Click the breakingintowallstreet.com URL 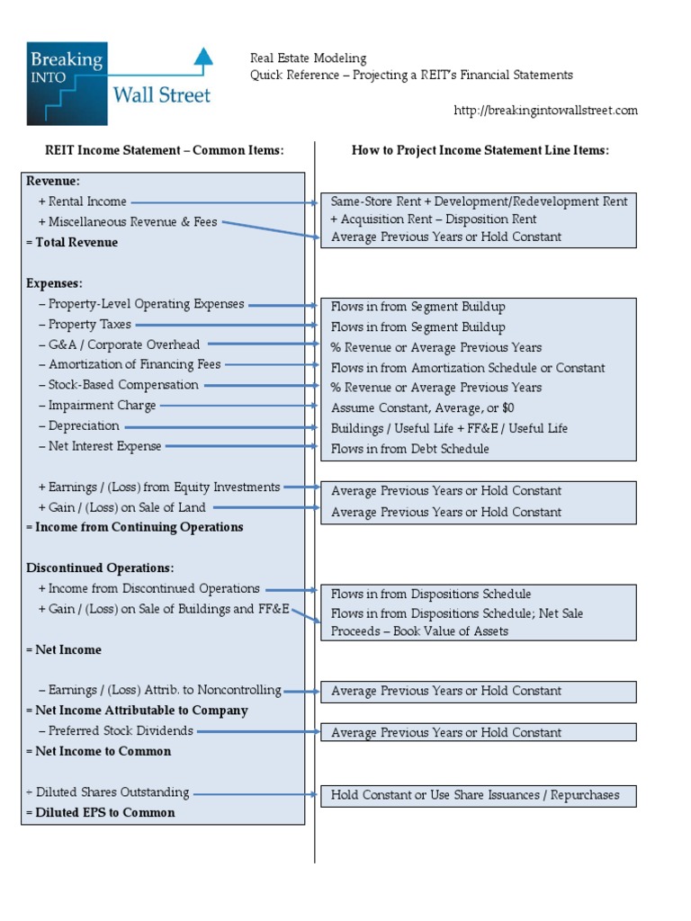click(x=545, y=111)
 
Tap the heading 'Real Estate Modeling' click(x=308, y=58)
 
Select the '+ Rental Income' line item click(x=82, y=202)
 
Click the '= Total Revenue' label click(x=72, y=243)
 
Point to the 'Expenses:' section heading click(x=54, y=283)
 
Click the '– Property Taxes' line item click(x=85, y=325)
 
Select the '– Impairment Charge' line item click(x=97, y=406)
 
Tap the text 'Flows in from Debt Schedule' click(x=409, y=449)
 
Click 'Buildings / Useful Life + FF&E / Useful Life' click(x=449, y=428)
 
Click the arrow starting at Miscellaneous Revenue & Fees click(x=270, y=229)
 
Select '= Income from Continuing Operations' click(x=135, y=527)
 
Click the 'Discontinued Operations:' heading click(x=100, y=568)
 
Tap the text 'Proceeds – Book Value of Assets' click(x=419, y=631)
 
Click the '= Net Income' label click(x=63, y=649)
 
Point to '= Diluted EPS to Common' click(x=100, y=812)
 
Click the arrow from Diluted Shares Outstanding click(x=256, y=794)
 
